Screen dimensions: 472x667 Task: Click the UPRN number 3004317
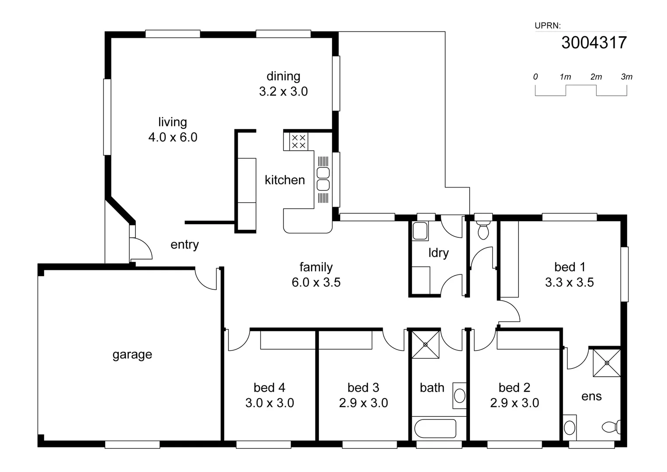[594, 43]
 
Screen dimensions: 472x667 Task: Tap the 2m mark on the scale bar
[596, 77]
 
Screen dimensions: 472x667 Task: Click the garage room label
[132, 354]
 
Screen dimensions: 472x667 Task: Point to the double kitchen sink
[323, 179]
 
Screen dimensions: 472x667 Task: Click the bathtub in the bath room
[435, 429]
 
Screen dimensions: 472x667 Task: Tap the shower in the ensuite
[606, 363]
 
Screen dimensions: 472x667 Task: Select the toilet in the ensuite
[612, 427]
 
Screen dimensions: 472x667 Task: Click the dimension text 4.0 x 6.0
[173, 137]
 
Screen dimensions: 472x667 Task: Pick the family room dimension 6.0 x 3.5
[316, 282]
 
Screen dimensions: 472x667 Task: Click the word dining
[283, 76]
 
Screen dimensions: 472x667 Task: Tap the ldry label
[438, 253]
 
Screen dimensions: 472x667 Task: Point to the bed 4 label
[269, 388]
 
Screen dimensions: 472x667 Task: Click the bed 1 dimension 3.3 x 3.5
[569, 282]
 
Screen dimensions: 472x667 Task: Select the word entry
[184, 245]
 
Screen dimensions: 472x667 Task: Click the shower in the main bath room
[425, 345]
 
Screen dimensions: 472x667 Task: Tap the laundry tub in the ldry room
[420, 231]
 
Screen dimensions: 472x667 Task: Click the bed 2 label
[514, 388]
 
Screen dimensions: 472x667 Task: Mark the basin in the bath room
[459, 396]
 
